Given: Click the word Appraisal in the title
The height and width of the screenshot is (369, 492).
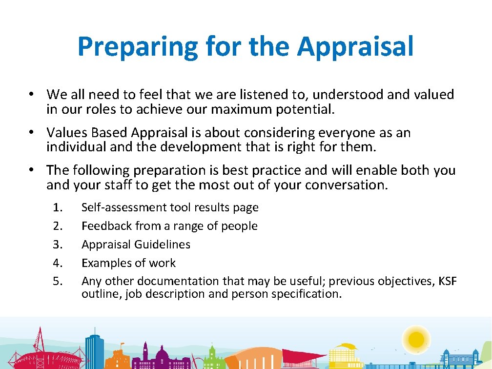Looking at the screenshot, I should click(x=355, y=46).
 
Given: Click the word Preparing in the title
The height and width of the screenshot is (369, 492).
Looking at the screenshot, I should click(x=137, y=47).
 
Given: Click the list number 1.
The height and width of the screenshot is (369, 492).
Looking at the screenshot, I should click(x=58, y=207).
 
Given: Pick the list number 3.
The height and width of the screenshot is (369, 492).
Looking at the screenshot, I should click(x=58, y=245).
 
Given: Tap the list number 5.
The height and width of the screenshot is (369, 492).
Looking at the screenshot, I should click(x=58, y=281).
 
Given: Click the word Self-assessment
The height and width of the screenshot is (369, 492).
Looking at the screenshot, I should click(x=124, y=207).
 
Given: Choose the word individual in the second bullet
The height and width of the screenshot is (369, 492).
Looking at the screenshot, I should click(x=76, y=147).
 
